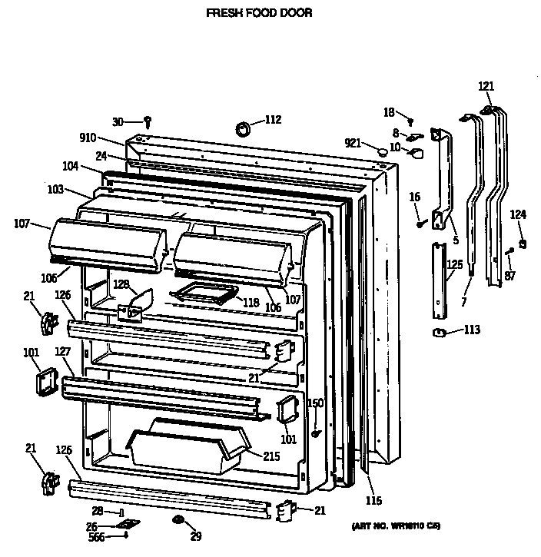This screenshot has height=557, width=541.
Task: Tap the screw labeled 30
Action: point(148,121)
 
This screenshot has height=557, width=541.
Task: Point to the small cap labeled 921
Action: point(380,153)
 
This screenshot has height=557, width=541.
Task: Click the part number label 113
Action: point(471,331)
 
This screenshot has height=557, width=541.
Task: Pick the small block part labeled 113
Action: point(441,332)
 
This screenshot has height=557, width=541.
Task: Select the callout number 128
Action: point(121,284)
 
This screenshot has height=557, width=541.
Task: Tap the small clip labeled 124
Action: point(523,244)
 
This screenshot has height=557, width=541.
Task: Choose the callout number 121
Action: point(486,87)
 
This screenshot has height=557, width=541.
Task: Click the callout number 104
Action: point(71,166)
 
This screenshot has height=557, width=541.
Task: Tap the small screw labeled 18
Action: point(411,121)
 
